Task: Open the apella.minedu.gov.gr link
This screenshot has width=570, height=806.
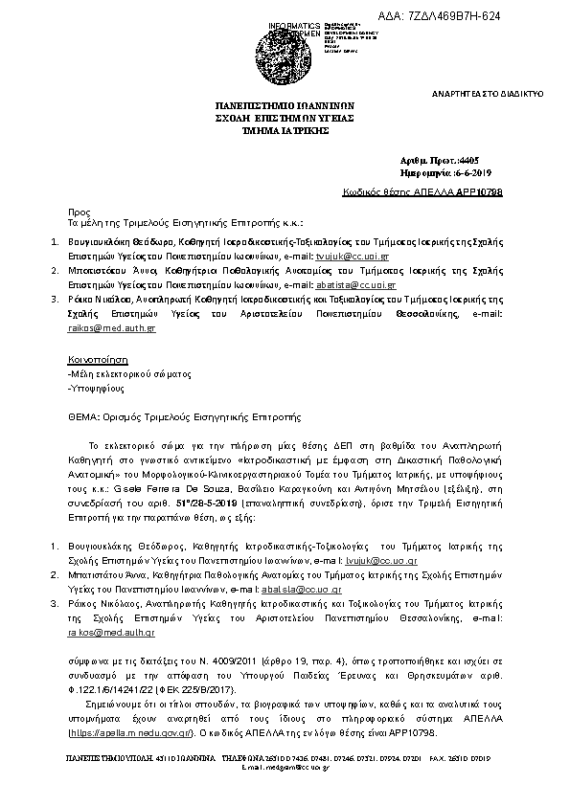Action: tap(133, 733)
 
